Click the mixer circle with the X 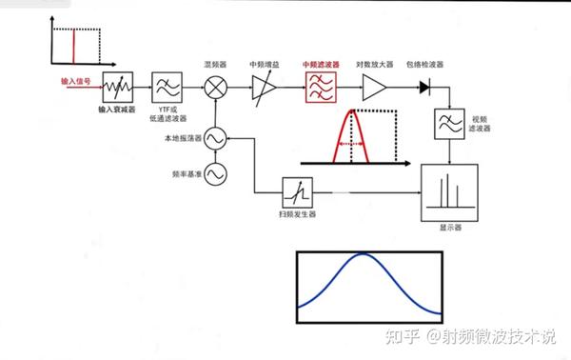coord(215,88)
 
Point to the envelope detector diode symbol coord(423,88)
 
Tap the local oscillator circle coord(215,139)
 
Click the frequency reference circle coord(215,174)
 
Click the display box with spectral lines coord(447,191)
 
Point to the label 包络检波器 coord(424,64)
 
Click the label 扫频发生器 coord(296,215)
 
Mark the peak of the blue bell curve coord(365,254)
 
